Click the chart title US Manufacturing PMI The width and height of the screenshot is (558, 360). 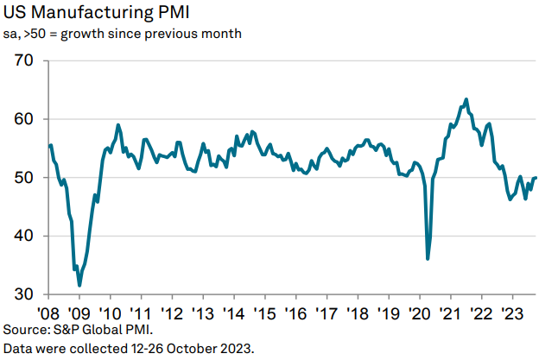tap(97, 13)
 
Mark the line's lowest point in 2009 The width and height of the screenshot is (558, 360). tap(79, 285)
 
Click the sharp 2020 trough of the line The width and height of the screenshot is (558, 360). tap(428, 258)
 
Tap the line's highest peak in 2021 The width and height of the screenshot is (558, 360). tap(466, 99)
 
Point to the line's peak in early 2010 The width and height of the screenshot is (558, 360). tap(117, 125)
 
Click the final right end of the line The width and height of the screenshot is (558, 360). tap(536, 178)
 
